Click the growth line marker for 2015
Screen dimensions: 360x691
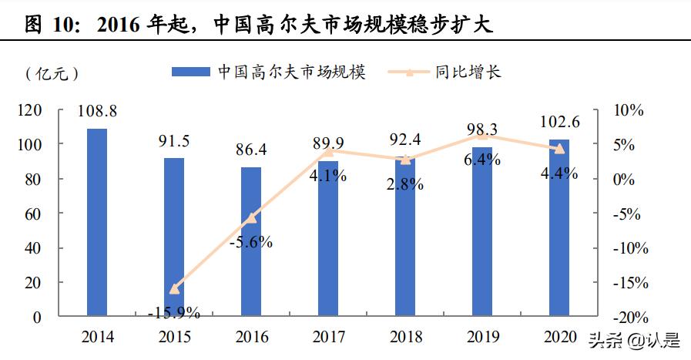tap(174, 289)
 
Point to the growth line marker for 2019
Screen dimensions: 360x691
tap(482, 136)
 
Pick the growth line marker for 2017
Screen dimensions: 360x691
tap(328, 152)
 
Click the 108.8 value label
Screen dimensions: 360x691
tap(97, 112)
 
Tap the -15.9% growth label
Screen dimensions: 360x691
tap(174, 312)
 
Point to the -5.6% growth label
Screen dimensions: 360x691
tap(251, 242)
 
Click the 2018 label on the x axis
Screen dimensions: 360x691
tap(405, 337)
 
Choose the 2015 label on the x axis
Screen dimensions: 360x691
tap(174, 337)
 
